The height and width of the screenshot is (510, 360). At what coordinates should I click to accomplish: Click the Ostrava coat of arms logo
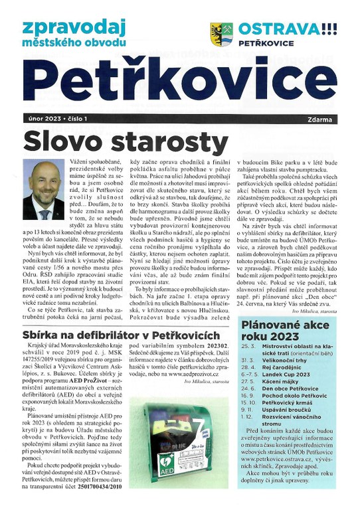pos(221,34)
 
